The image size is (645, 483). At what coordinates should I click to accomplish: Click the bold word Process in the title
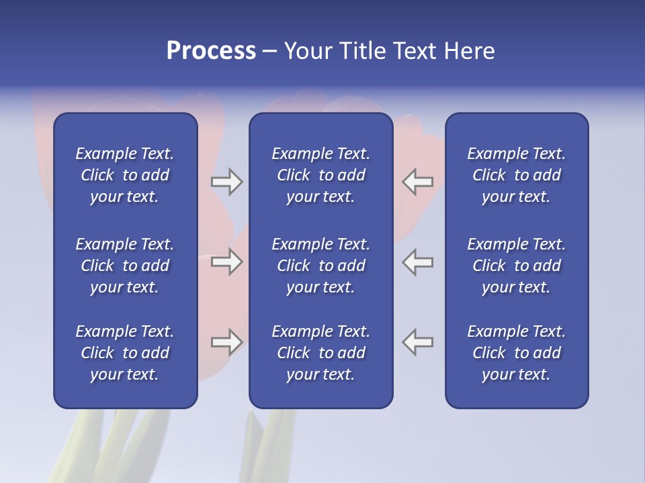coord(211,51)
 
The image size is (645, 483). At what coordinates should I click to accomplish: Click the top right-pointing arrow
coord(226,182)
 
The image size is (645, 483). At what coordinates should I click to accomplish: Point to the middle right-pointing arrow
coord(226,261)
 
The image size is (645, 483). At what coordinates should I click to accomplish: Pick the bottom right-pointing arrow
coord(226,342)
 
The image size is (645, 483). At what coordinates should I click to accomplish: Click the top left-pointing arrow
coord(418,182)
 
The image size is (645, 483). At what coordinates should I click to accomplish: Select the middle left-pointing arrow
coord(418,261)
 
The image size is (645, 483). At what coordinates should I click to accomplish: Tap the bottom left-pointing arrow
coord(418,342)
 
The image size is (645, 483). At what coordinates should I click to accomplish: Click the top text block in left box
coord(125,175)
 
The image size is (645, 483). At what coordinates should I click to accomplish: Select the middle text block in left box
coord(125,266)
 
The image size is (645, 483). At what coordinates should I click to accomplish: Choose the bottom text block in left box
coord(125,353)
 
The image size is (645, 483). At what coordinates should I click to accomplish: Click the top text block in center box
coord(320,175)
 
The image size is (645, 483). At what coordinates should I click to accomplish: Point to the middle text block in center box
coord(320,266)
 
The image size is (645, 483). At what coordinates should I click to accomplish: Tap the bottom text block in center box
coord(320,353)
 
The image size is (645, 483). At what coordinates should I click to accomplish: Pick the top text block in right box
coord(516,175)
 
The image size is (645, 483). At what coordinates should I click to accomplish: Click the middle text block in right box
coord(516,266)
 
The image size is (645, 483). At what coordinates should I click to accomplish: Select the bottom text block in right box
coord(516,353)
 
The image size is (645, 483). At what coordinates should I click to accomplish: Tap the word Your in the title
coord(307,51)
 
